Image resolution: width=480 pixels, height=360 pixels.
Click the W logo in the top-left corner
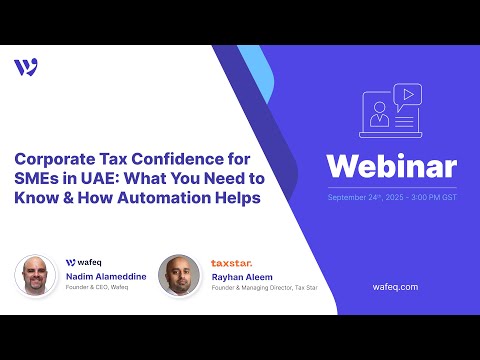27,67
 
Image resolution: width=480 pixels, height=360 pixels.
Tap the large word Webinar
392,166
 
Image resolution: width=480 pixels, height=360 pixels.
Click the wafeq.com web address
393,286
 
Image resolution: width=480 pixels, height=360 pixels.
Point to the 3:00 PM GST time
432,196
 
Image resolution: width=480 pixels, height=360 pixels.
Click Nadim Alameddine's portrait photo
35,274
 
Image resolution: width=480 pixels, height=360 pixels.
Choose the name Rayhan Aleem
243,275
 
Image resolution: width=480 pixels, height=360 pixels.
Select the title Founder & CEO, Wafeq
97,287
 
